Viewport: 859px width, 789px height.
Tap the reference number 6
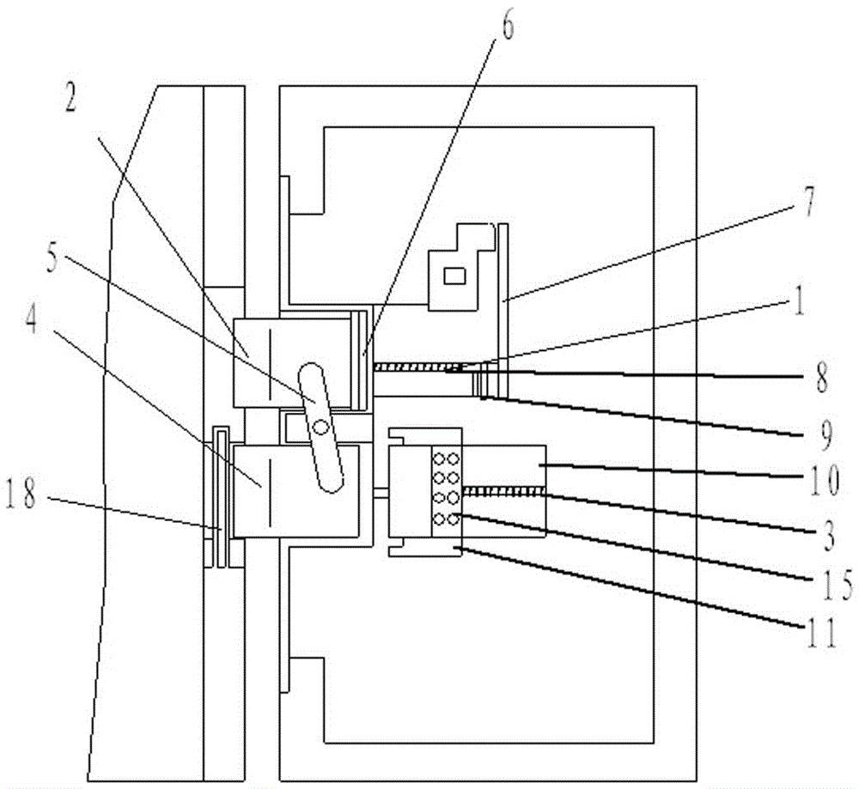click(507, 27)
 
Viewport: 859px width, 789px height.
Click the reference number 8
click(823, 379)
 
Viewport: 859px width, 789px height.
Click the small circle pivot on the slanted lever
click(320, 426)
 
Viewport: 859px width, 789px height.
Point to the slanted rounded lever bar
click(320, 427)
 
